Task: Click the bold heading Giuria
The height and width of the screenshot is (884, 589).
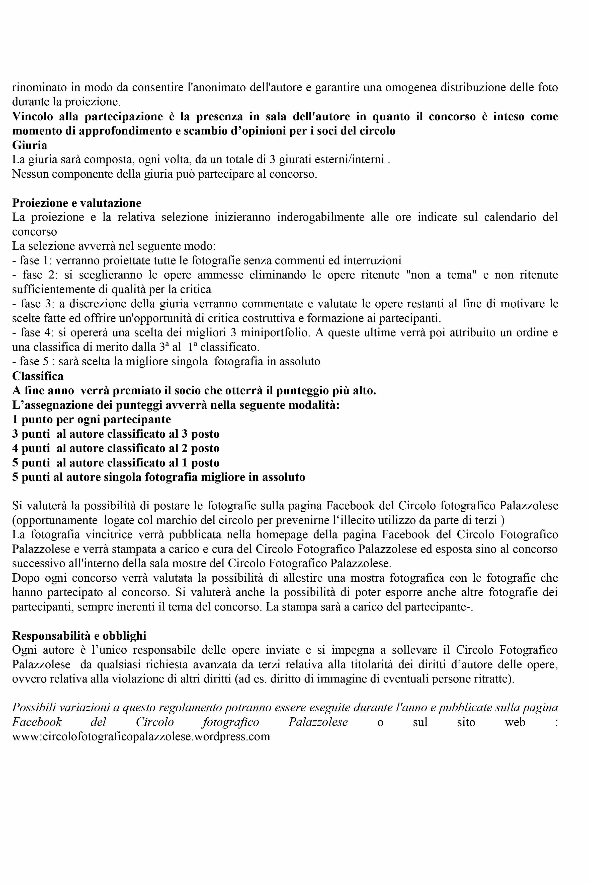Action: point(30,145)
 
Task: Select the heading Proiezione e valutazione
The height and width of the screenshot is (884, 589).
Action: point(77,203)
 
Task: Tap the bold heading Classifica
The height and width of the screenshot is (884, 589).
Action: point(38,376)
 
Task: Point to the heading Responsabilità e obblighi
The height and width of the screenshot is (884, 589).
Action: point(79,636)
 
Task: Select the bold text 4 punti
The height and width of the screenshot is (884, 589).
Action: point(31,448)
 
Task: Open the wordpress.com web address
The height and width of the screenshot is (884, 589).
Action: point(141,737)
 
